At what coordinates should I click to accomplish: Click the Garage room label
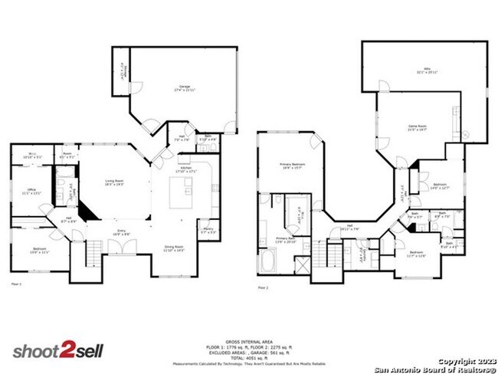(x=185, y=88)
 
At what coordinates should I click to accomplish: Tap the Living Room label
(x=114, y=182)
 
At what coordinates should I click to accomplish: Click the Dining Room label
(x=175, y=248)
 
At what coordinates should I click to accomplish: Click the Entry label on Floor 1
(x=121, y=232)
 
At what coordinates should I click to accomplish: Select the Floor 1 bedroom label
(x=40, y=251)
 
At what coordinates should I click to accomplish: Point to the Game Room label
(x=417, y=129)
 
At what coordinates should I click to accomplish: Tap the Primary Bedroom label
(x=290, y=166)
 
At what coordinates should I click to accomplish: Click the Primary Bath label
(x=286, y=241)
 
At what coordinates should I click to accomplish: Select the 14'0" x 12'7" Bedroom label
(x=440, y=186)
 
